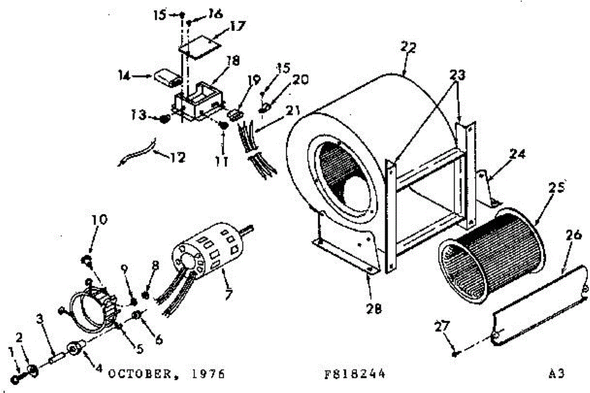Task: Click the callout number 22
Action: [408, 48]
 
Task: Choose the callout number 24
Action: [517, 154]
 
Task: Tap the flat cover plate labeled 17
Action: [199, 49]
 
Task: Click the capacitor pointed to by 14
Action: [168, 78]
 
